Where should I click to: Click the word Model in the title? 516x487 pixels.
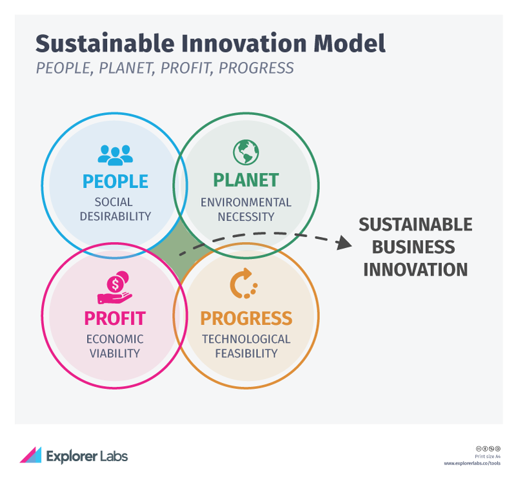[x=349, y=43]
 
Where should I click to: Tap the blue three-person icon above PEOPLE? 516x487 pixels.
[x=115, y=155]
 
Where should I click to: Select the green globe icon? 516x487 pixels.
[x=246, y=152]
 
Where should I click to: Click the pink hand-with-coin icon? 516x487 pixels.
[x=115, y=287]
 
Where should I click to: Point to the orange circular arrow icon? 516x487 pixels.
[x=244, y=284]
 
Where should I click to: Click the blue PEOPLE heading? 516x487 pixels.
[x=115, y=181]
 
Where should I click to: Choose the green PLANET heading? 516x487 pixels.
[x=246, y=180]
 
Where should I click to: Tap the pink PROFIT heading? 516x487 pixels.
[x=115, y=318]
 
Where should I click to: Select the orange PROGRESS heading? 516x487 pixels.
[x=246, y=318]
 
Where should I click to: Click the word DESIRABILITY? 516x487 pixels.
[x=115, y=216]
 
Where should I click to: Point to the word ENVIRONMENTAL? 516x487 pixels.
[x=246, y=202]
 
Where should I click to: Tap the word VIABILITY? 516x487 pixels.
[x=115, y=353]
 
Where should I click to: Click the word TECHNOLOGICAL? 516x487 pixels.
[x=246, y=339]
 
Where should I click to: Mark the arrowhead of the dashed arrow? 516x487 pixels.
[x=344, y=243]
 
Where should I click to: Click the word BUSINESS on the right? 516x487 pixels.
[x=413, y=247]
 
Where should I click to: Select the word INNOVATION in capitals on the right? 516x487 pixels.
[x=415, y=270]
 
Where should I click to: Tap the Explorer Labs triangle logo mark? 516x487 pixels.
[x=30, y=455]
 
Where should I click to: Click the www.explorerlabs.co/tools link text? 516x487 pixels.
[x=472, y=463]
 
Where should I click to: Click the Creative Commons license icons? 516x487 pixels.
[x=488, y=449]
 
